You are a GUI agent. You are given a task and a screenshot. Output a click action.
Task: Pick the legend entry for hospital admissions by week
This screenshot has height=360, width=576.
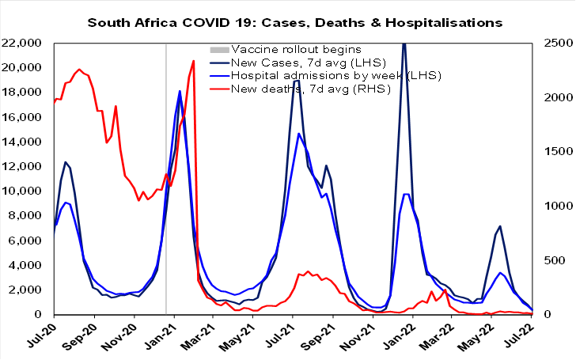324,75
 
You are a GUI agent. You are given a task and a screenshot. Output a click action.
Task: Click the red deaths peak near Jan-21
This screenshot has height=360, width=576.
194,61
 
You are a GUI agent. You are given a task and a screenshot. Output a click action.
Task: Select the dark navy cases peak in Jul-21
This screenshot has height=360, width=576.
297,81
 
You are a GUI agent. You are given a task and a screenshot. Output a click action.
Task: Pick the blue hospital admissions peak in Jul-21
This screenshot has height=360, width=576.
298,134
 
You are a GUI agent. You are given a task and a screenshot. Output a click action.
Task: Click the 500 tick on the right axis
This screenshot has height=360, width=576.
548,260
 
